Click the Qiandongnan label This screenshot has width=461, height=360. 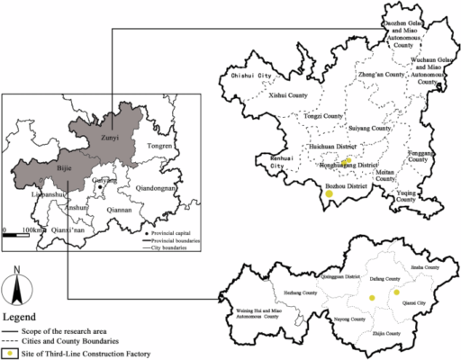(157, 188)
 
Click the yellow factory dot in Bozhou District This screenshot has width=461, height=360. (330, 193)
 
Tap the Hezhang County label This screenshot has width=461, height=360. (276, 292)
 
